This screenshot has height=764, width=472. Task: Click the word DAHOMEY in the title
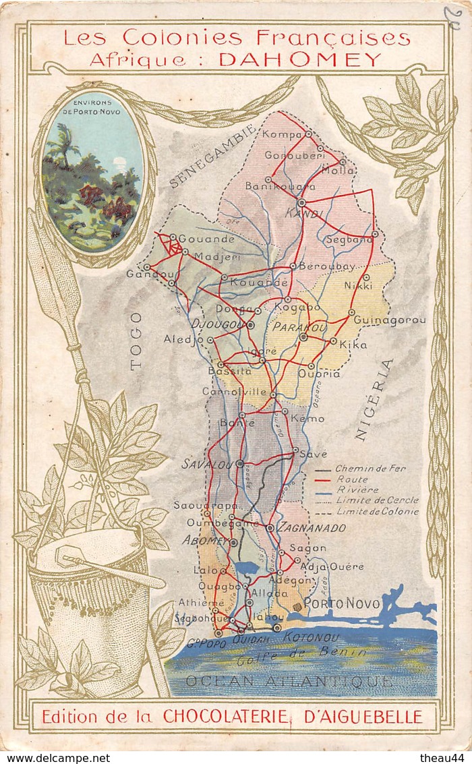(x=300, y=59)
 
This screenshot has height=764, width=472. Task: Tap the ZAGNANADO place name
(x=312, y=528)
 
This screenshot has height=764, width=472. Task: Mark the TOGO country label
(x=136, y=349)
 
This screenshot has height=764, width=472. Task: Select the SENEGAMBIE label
(x=213, y=155)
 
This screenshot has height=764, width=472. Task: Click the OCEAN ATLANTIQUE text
(x=289, y=681)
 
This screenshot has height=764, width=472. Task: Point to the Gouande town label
(x=206, y=239)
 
